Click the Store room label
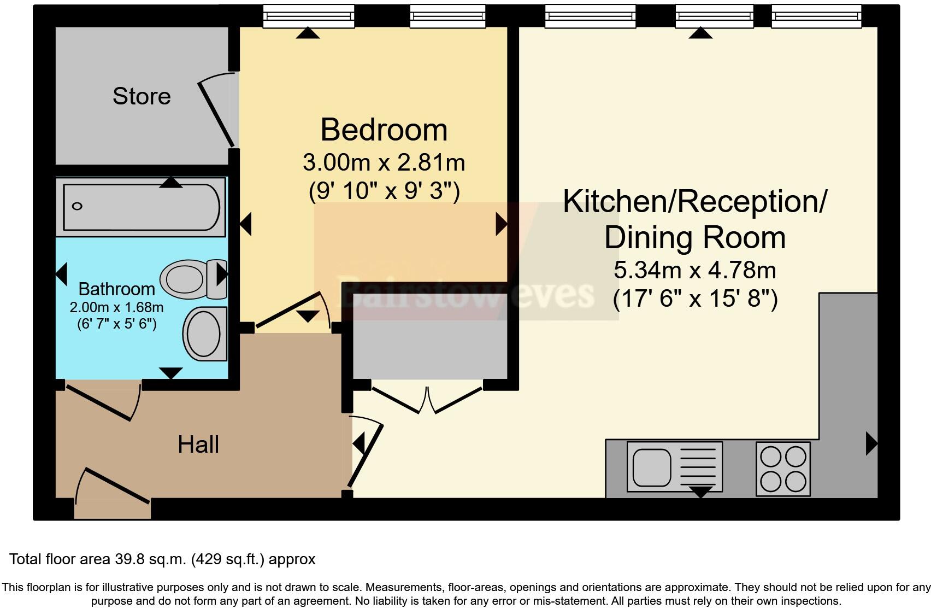[142, 96]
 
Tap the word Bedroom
[384, 130]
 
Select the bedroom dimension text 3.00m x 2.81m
[384, 162]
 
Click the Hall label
[198, 445]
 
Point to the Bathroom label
[116, 289]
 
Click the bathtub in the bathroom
[141, 207]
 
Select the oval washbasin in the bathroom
[204, 333]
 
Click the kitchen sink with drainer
[674, 467]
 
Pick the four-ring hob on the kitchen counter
[783, 469]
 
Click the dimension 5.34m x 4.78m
[695, 270]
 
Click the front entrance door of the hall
[115, 486]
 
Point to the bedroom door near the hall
[290, 312]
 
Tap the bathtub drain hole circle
[77, 206]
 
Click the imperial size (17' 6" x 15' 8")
[695, 299]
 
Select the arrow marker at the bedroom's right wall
[501, 224]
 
